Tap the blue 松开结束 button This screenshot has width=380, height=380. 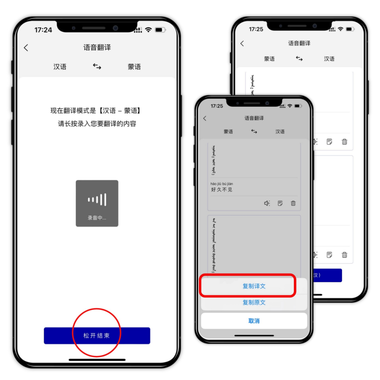click(x=97, y=335)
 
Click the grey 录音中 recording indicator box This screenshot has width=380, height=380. click(x=97, y=203)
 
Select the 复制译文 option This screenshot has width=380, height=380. click(x=254, y=286)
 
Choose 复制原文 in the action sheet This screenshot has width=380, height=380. click(x=254, y=302)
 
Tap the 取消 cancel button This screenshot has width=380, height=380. click(x=254, y=321)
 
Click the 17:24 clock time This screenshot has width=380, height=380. click(x=43, y=30)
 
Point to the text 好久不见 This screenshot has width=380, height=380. click(x=222, y=190)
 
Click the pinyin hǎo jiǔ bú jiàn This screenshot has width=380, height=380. click(x=222, y=184)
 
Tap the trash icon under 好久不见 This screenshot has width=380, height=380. click(x=293, y=203)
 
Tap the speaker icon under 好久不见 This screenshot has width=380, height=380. click(x=267, y=203)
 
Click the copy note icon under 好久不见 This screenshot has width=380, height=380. click(x=280, y=203)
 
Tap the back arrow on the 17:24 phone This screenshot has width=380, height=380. click(x=26, y=48)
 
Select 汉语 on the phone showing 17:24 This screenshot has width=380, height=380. click(x=60, y=67)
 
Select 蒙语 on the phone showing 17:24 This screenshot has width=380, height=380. click(x=134, y=67)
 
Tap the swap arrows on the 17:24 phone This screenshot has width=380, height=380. click(x=97, y=66)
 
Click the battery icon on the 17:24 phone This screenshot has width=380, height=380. click(x=160, y=30)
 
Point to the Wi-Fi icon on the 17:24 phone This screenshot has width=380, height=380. click(x=148, y=30)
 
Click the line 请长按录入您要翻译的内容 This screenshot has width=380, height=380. click(x=97, y=123)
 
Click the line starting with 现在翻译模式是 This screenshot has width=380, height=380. click(x=97, y=111)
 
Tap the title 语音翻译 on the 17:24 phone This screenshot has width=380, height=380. click(x=97, y=48)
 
